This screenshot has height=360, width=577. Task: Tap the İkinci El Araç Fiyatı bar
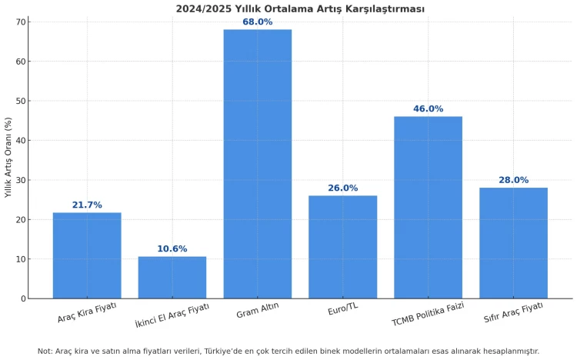click(172, 277)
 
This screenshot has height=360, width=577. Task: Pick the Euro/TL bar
click(342, 247)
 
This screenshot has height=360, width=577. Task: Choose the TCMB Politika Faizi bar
click(428, 207)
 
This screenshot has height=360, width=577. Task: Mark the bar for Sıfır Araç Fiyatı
click(513, 243)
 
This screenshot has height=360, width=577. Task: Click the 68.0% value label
click(257, 22)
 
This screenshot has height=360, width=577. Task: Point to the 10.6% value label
click(172, 249)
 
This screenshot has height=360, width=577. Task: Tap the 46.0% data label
click(428, 109)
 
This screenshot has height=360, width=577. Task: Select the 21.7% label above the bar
click(87, 205)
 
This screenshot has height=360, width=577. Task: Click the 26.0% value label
click(342, 188)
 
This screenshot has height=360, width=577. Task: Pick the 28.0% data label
click(513, 181)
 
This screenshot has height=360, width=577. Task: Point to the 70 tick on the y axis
click(20, 22)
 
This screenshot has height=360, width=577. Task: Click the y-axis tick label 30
click(20, 180)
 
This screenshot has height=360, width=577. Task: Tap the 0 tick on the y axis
click(23, 298)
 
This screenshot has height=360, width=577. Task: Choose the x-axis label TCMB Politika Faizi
click(428, 314)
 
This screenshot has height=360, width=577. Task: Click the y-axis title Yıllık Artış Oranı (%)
click(8, 158)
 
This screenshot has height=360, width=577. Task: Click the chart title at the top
click(300, 8)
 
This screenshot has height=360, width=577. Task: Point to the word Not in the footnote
click(45, 352)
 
